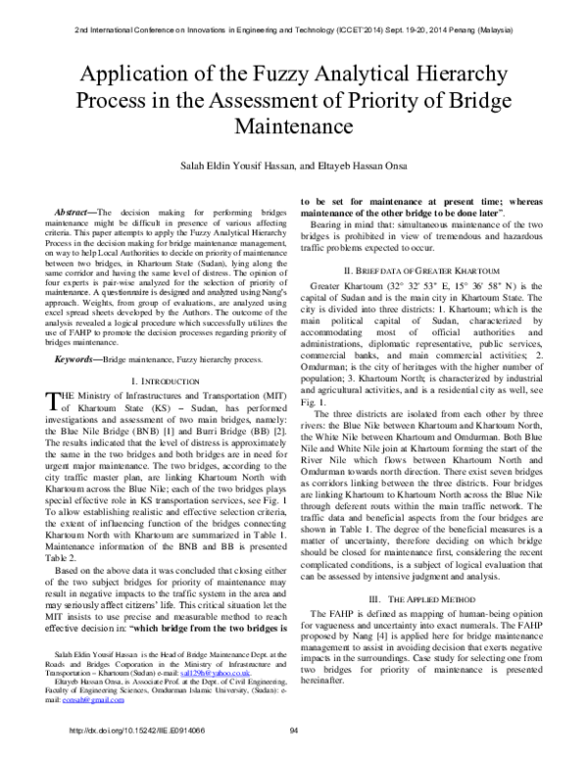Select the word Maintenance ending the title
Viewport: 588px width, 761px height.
(293, 127)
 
